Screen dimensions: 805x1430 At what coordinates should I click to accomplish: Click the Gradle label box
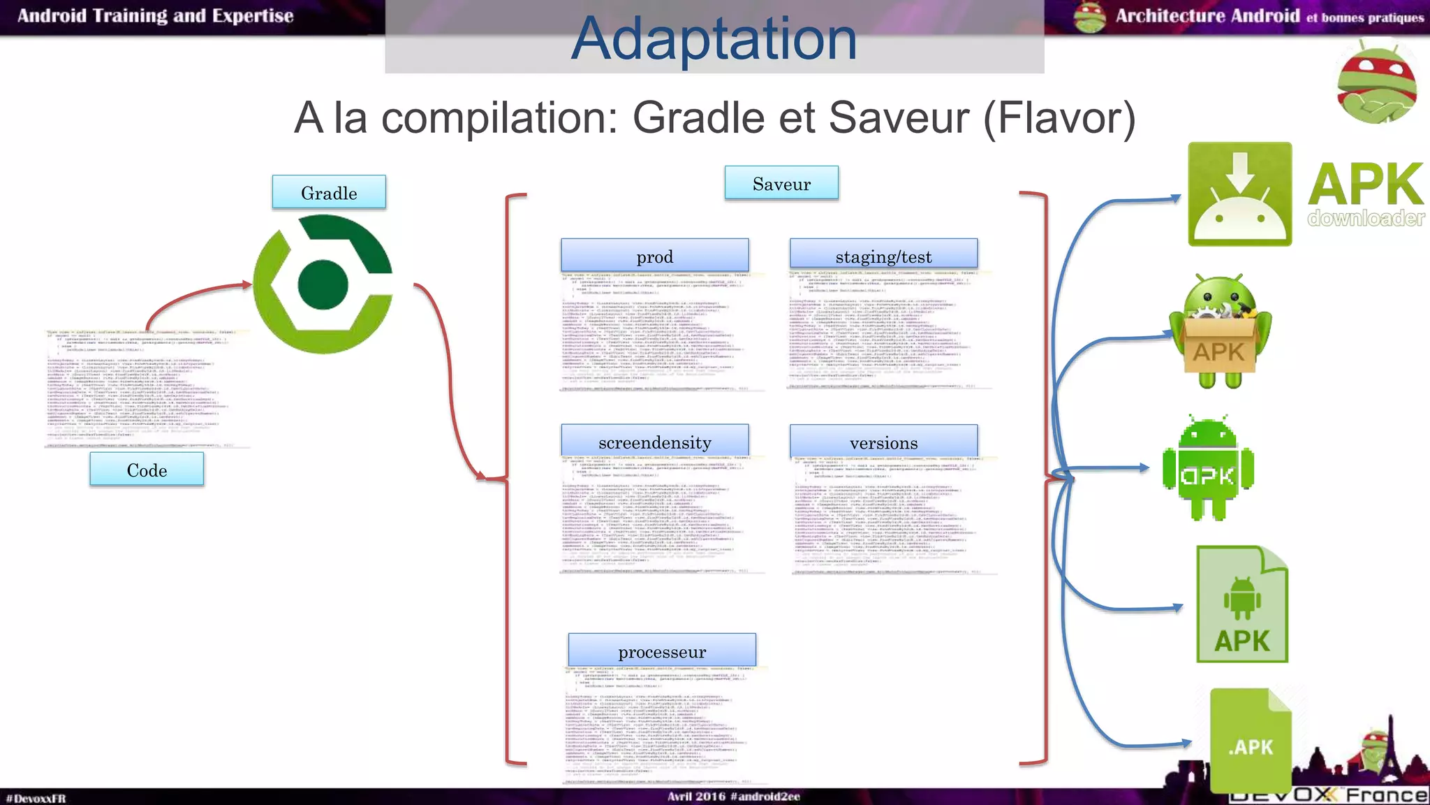click(329, 192)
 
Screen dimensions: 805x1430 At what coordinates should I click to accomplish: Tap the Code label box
click(147, 469)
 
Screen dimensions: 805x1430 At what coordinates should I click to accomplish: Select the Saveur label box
click(781, 183)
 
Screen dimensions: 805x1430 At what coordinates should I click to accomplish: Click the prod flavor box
click(654, 256)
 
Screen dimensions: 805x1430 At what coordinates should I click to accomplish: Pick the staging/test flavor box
click(883, 256)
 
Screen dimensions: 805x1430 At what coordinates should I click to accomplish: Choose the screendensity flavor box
click(654, 442)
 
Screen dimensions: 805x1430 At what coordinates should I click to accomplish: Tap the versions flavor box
click(883, 442)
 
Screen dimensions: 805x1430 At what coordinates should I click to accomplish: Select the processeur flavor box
click(661, 651)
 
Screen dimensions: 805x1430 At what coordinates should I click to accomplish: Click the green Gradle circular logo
click(323, 284)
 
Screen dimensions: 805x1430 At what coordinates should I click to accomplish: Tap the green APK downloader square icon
click(1239, 194)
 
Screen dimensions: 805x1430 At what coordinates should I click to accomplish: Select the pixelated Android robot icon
click(1207, 467)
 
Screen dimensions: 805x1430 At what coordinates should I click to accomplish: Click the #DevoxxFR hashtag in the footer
click(36, 798)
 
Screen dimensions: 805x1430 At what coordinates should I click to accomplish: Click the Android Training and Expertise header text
click(155, 16)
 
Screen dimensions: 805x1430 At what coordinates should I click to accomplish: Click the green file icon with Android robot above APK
click(1241, 604)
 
